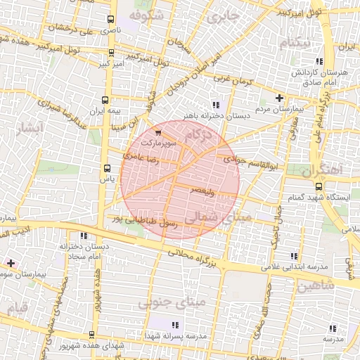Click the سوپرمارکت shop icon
tap(157, 131)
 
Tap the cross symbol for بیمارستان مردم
tap(279, 98)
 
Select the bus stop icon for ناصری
tap(110, 19)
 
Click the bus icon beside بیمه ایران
tap(106, 100)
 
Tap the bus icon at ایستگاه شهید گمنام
tap(319, 186)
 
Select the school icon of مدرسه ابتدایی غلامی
tap(294, 256)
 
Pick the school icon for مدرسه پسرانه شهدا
tap(174, 325)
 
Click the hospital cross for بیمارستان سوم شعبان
tap(11, 262)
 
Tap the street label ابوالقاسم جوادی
tap(252, 162)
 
